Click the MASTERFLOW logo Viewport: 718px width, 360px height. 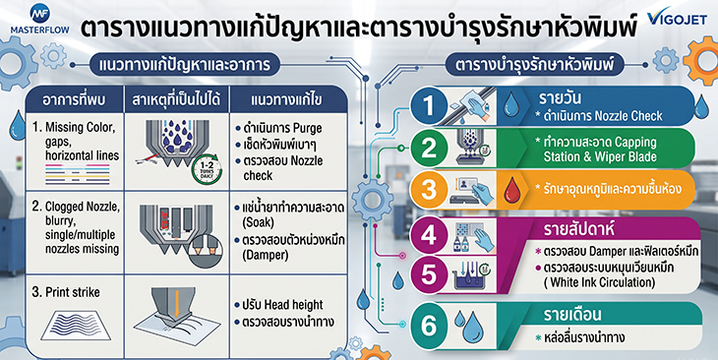(x=39, y=20)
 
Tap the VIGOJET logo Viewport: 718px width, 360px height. (x=677, y=18)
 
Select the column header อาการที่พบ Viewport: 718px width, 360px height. (x=75, y=100)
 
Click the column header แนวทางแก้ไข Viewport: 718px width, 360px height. (x=286, y=100)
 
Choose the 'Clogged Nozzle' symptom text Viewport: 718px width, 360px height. (x=83, y=207)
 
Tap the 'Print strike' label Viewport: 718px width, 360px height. (x=73, y=292)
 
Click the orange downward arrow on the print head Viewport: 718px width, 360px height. (x=177, y=303)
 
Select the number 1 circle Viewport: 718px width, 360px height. (x=429, y=106)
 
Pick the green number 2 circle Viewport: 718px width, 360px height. (x=429, y=148)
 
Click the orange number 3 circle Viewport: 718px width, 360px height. (x=429, y=189)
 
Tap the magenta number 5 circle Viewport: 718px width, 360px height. (x=429, y=274)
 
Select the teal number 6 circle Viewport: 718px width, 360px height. (x=429, y=326)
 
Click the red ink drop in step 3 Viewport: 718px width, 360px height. (x=512, y=190)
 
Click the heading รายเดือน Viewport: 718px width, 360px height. (x=572, y=315)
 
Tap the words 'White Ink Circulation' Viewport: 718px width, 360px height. (x=600, y=281)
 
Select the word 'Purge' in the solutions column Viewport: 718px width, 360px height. (x=308, y=129)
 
